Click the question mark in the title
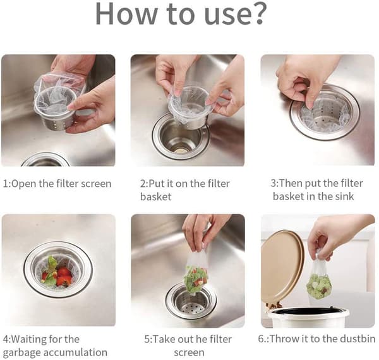[256, 13]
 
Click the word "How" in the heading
[126, 13]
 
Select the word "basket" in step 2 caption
[155, 196]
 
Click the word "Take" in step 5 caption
[163, 339]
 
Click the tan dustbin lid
[282, 265]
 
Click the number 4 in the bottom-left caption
[6, 339]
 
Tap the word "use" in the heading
[224, 16]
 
